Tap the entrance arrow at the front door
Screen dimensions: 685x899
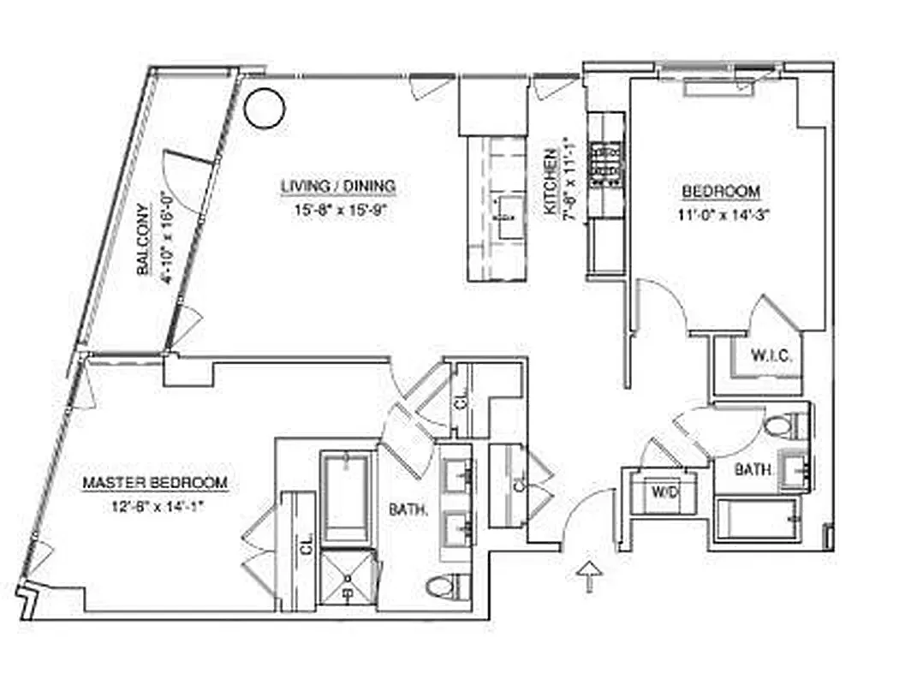click(590, 576)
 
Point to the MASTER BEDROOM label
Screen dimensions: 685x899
click(155, 484)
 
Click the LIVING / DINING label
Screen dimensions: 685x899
click(338, 186)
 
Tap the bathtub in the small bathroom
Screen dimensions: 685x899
click(759, 520)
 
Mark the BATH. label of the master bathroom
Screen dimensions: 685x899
click(409, 510)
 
